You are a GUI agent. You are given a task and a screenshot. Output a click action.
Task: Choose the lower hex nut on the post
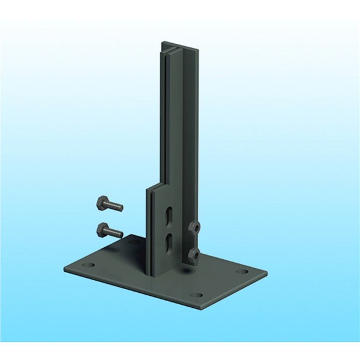click(193, 255)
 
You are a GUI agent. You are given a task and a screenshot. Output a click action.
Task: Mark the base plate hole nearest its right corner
click(241, 271)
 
